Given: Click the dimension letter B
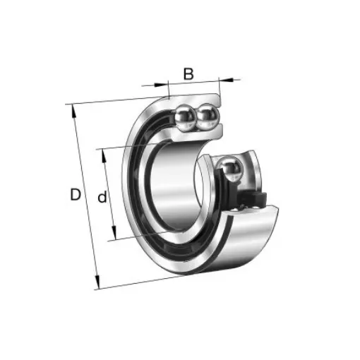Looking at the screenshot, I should point(188,73).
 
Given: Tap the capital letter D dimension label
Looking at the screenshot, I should point(76,194).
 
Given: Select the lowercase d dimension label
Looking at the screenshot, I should point(102,198).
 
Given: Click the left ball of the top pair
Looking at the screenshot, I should point(188,114).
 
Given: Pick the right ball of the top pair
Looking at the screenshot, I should point(208,114).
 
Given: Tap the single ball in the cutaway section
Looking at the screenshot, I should point(232,169).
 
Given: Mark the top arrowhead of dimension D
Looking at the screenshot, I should point(73,108).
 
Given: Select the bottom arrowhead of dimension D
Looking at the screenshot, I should point(98,286).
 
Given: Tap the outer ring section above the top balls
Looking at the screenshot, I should point(194,98).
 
